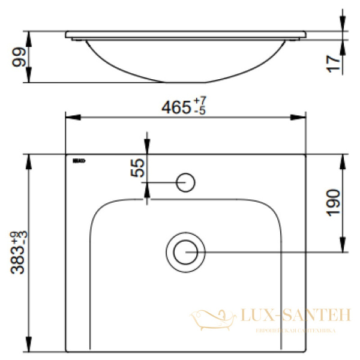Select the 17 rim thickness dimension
(337, 62)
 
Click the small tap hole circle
(186, 181)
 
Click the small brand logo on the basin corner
(79, 161)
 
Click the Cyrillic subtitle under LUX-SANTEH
(295, 330)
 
